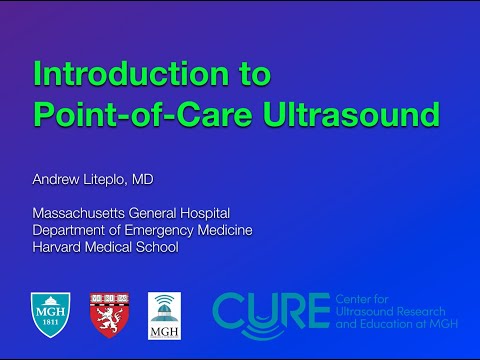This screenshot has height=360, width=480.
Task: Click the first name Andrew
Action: pos(59,181)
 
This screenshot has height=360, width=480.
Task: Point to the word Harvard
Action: pos(60,246)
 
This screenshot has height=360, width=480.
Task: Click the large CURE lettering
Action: pos(270,310)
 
